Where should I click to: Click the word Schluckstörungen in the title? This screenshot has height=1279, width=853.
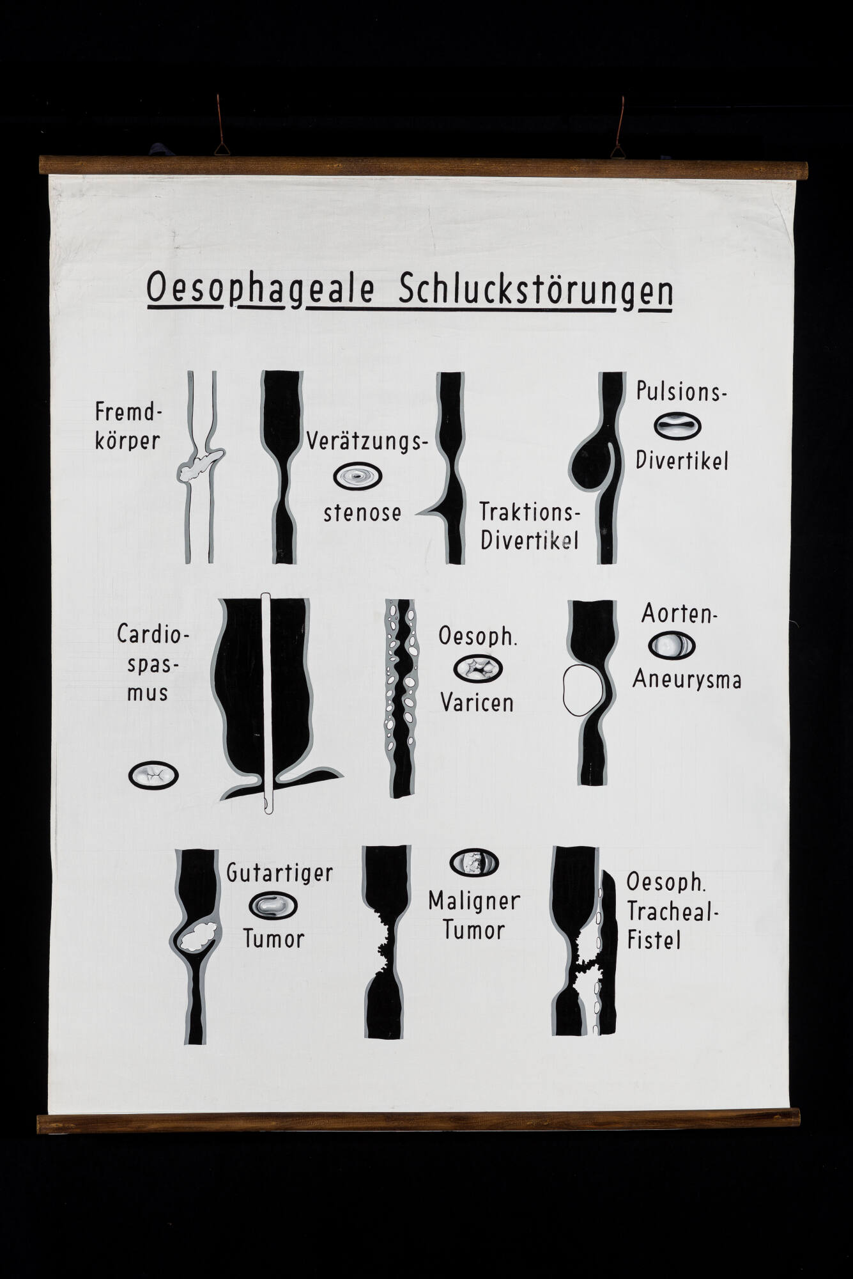[x=535, y=292]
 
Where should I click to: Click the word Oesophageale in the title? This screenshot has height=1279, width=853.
[x=260, y=291]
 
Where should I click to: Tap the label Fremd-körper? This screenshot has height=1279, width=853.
[x=128, y=426]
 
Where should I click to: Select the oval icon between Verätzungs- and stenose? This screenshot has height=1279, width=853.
[x=358, y=476]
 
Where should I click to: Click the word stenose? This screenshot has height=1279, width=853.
[x=362, y=513]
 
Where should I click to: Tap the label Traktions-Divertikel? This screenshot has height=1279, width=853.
[x=530, y=526]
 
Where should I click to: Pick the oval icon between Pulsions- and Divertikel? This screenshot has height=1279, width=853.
[x=678, y=427]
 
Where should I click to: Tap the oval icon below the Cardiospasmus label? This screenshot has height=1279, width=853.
[x=153, y=776]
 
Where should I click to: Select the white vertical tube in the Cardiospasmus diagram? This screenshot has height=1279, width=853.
[x=267, y=704]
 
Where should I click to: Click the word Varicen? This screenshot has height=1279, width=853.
[x=477, y=702]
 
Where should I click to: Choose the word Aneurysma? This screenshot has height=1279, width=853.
[x=687, y=679]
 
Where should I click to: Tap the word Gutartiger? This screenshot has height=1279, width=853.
[x=280, y=873]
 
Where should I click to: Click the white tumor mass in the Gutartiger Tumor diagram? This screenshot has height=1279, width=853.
[x=198, y=935]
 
